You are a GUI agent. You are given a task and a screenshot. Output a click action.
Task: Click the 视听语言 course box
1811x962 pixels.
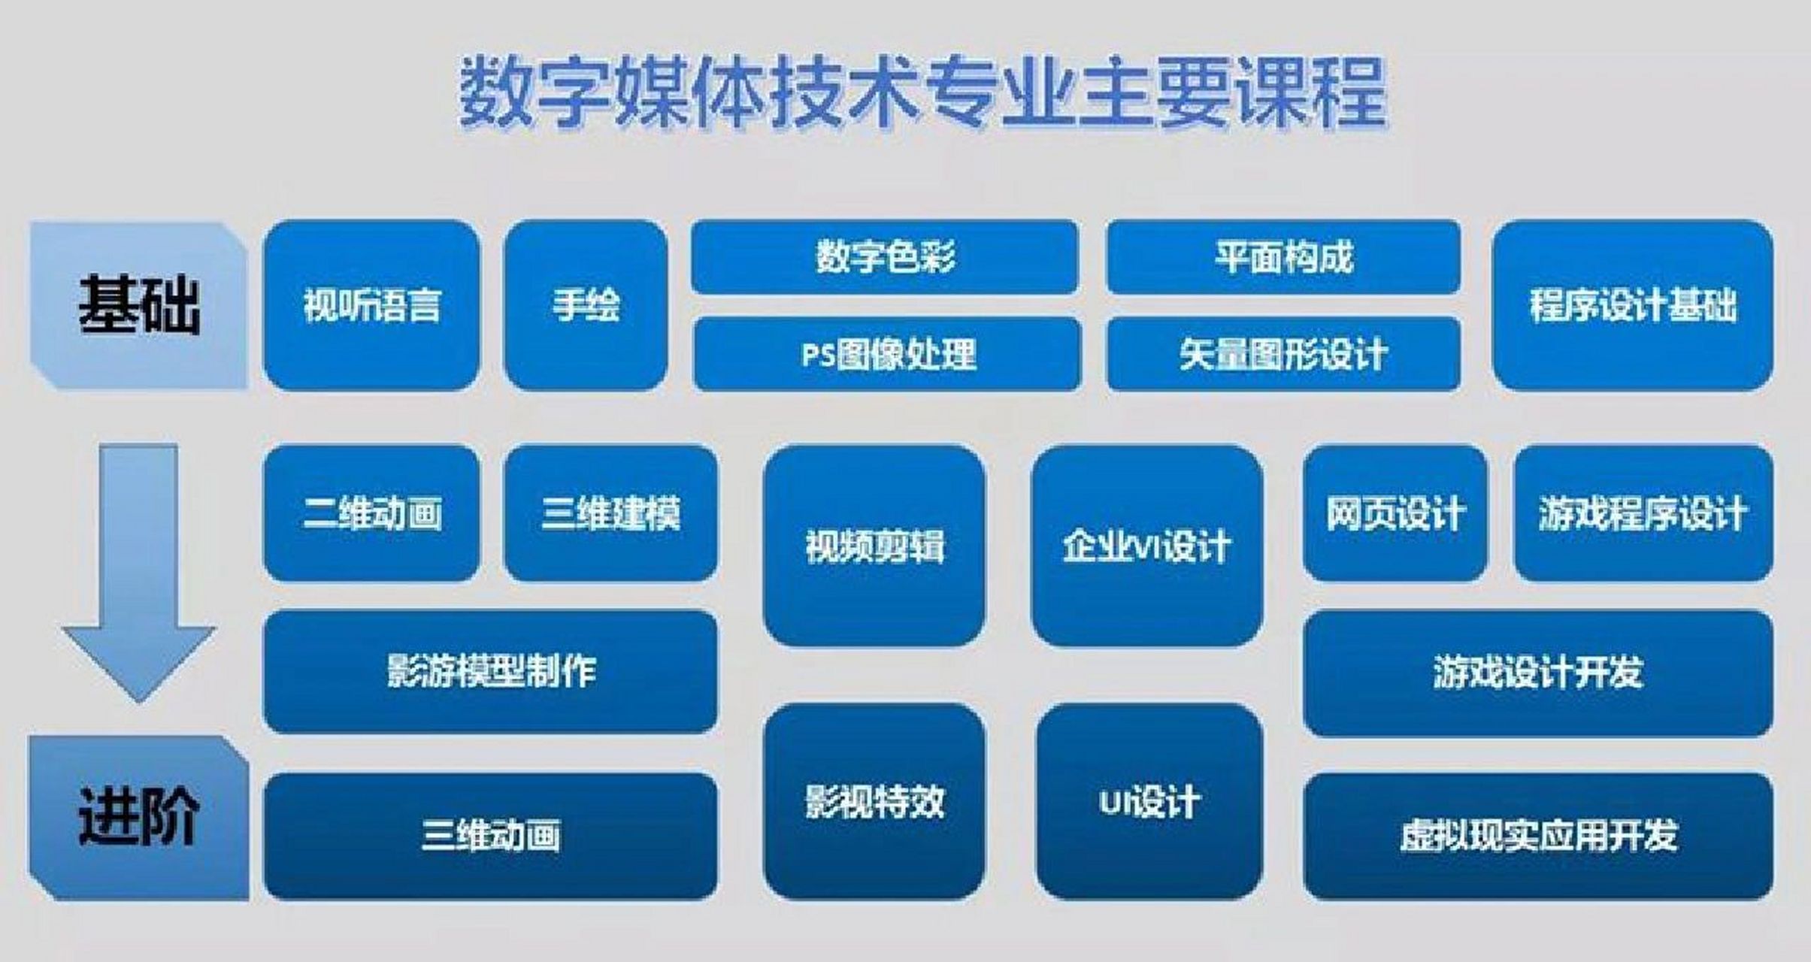371,305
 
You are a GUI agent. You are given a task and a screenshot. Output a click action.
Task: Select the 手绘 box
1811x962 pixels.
586,305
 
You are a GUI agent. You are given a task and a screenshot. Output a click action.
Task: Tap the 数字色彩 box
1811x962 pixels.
884,256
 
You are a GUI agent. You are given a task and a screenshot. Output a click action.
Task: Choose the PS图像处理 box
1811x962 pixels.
887,354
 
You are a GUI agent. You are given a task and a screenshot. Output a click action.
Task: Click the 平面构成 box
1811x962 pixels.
1283,256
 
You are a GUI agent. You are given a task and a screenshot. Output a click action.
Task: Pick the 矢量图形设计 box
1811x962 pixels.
1283,354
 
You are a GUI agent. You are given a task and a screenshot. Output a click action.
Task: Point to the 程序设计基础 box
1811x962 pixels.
1632,305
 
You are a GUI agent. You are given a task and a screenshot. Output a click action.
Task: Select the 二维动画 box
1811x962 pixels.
371,513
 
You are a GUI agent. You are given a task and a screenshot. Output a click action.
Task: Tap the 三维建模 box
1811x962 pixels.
610,513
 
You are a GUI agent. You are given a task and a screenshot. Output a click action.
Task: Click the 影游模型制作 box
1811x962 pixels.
490,671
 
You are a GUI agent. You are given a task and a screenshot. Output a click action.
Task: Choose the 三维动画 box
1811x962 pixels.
490,835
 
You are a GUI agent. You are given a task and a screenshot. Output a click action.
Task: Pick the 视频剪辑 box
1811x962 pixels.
874,546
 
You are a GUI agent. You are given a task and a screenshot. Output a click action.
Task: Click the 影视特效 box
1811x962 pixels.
874,801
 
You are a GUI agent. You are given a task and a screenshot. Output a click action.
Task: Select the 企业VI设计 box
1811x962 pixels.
1146,546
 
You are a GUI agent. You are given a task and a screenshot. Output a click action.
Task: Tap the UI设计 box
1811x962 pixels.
1149,801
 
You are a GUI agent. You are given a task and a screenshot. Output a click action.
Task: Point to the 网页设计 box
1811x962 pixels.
1395,513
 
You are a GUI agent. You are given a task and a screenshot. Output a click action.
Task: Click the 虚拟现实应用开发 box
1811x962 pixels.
1537,835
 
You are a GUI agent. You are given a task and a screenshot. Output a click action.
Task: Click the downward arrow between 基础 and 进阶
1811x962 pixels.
139,571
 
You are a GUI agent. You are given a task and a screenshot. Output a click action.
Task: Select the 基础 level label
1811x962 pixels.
139,305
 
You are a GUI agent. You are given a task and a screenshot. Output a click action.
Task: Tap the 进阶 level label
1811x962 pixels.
139,818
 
